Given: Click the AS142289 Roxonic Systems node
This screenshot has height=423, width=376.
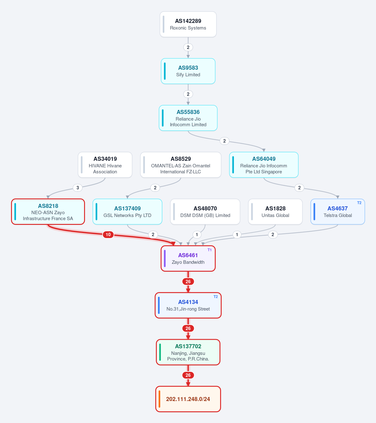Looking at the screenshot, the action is coord(188,24).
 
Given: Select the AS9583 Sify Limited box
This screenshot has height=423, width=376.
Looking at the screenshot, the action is coord(188,71).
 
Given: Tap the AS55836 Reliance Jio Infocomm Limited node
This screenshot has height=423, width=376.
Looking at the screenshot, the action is coord(188,118).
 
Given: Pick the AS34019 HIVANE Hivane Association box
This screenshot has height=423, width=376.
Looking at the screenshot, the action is coord(105,165).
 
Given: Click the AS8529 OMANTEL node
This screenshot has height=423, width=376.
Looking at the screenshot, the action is coord(181,165).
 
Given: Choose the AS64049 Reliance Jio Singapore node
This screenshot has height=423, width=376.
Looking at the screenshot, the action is coord(264,165).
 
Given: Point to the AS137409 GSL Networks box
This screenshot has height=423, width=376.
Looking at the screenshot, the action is coord(127,212).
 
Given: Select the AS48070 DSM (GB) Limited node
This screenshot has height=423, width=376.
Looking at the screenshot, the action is coord(205,212).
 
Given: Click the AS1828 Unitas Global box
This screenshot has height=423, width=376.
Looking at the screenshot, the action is coord(275,212).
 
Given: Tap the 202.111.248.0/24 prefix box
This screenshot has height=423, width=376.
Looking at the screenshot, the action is coord(188,399).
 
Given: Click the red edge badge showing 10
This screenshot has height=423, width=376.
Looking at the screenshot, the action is coord(108,235).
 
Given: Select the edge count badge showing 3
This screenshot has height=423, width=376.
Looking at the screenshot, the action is coord(77,188).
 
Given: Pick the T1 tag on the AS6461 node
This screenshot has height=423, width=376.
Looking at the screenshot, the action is coord(209,250).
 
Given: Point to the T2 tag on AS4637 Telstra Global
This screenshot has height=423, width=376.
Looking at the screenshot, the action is coord(359,203).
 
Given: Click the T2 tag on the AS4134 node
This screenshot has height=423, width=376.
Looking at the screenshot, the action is coord(215,297).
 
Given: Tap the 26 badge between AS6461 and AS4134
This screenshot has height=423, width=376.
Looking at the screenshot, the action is coord(188,281).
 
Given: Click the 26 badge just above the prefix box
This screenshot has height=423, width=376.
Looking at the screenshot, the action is coord(188,375).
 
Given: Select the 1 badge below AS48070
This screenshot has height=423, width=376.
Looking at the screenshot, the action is coord(197,235).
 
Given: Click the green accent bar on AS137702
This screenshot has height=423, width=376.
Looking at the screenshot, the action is coord(160,352).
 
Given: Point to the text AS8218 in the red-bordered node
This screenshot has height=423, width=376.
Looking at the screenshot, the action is coord(48,206).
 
